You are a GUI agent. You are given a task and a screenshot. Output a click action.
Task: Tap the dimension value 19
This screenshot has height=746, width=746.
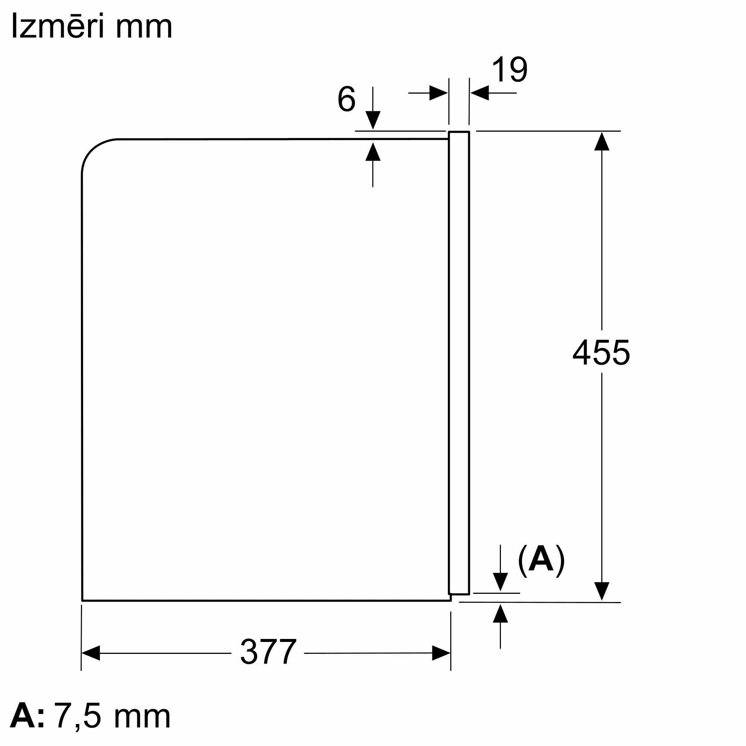(x=509, y=70)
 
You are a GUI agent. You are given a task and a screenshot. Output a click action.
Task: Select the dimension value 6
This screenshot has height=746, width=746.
(x=347, y=99)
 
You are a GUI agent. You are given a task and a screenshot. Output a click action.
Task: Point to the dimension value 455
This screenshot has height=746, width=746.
(x=601, y=352)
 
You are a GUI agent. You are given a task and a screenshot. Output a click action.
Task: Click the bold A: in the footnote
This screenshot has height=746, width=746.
(x=27, y=716)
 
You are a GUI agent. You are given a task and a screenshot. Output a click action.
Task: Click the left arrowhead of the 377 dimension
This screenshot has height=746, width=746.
(x=91, y=653)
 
